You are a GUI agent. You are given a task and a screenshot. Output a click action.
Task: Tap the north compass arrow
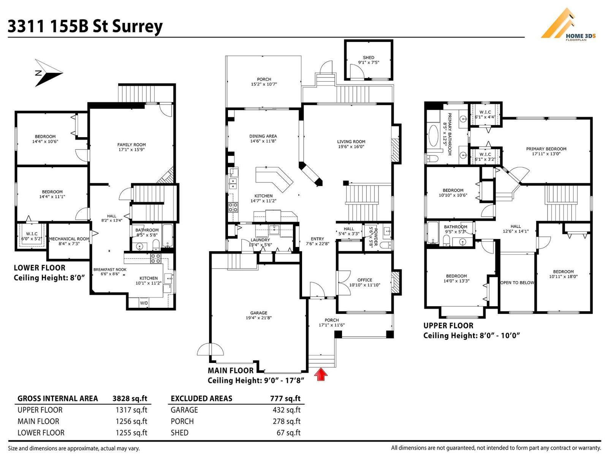[48, 73]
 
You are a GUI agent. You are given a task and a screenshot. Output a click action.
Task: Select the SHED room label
[368, 58]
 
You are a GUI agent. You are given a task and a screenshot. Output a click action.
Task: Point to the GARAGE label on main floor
[258, 313]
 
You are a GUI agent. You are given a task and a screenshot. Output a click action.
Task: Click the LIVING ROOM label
[351, 142]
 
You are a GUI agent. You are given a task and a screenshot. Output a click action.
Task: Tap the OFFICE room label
[364, 280]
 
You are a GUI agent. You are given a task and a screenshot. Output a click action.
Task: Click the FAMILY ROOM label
[131, 145]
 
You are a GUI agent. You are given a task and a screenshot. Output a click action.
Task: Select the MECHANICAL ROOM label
[69, 239]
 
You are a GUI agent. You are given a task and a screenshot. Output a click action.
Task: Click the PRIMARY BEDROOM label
[546, 149]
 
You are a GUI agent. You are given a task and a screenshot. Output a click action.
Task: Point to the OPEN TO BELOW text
[517, 283]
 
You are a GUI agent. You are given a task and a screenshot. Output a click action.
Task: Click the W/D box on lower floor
[144, 303]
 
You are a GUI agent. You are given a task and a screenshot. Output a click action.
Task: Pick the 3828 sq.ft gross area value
[130, 399]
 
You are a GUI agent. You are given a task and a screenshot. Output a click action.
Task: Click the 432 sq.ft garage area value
[286, 410]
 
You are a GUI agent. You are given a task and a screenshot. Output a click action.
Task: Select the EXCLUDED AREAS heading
[201, 399]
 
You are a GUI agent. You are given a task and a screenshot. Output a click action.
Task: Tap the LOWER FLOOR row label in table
[41, 433]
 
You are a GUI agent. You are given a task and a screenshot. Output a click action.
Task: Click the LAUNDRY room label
[260, 240]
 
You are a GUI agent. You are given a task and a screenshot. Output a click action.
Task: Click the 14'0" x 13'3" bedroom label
[456, 276]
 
